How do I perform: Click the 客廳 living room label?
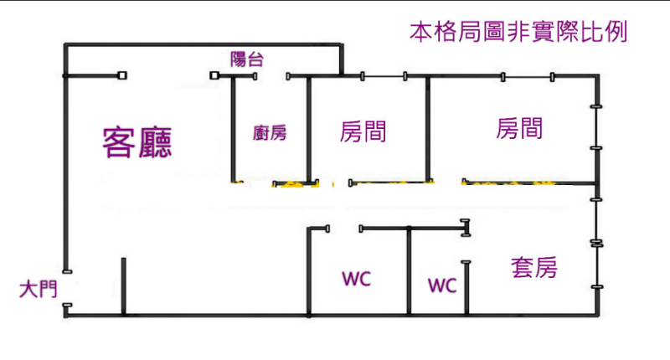pyautogui.click(x=137, y=143)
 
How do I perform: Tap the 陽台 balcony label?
pyautogui.click(x=247, y=59)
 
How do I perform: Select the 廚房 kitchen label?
pyautogui.click(x=270, y=132)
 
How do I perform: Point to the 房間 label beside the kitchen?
pyautogui.click(x=363, y=131)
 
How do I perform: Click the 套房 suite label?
pyautogui.click(x=533, y=268)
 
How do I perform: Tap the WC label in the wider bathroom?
pyautogui.click(x=356, y=278)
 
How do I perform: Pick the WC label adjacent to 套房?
pyautogui.click(x=442, y=285)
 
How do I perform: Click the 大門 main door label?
pyautogui.click(x=38, y=291)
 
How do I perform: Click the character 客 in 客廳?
pyautogui.click(x=118, y=143)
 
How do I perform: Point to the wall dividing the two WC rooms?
pyautogui.click(x=408, y=272)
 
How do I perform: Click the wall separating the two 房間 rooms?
pyautogui.click(x=428, y=130)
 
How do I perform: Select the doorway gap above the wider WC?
pyautogui.click(x=343, y=227)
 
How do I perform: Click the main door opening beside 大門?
pyautogui.click(x=66, y=289)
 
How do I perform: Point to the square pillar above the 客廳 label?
pyautogui.click(x=122, y=76)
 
